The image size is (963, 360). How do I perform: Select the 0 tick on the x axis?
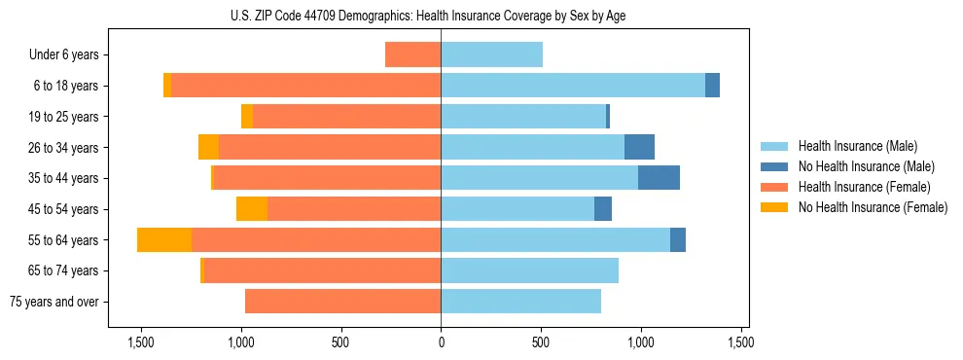tap(441, 343)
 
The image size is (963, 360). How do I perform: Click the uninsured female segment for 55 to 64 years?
tap(164, 239)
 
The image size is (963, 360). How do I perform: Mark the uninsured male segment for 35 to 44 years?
tap(659, 178)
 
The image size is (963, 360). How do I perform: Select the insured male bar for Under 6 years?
tap(491, 54)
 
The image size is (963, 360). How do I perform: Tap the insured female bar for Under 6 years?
tap(413, 54)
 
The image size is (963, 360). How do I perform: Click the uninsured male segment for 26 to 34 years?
tap(639, 147)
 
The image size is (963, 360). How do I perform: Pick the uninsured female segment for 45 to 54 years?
tap(252, 209)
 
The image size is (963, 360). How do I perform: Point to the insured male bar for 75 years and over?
tap(520, 302)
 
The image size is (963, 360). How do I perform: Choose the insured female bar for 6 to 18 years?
tap(306, 86)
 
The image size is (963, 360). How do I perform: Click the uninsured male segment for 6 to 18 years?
tap(712, 86)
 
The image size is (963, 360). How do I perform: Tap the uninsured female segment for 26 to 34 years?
tap(208, 147)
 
